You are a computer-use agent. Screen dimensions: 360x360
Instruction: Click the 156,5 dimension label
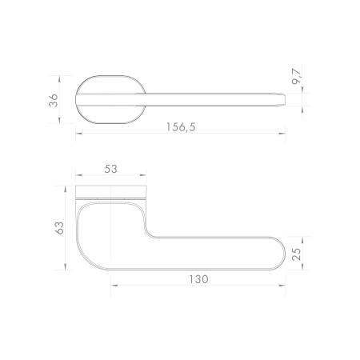point(181,127)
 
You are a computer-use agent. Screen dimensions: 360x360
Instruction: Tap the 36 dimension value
point(54,100)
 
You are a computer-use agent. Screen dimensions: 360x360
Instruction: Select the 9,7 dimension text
point(297,77)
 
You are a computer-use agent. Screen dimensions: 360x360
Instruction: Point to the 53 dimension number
point(110,169)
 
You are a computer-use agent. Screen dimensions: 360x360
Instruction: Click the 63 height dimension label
point(59,228)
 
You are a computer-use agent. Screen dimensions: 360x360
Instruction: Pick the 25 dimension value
point(297,254)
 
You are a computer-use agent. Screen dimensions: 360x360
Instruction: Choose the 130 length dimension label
point(198,279)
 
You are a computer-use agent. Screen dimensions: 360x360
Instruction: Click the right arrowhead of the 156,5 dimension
point(282,134)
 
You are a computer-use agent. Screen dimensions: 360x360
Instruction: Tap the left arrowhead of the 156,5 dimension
point(79,134)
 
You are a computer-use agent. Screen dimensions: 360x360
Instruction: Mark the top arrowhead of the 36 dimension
point(59,79)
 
